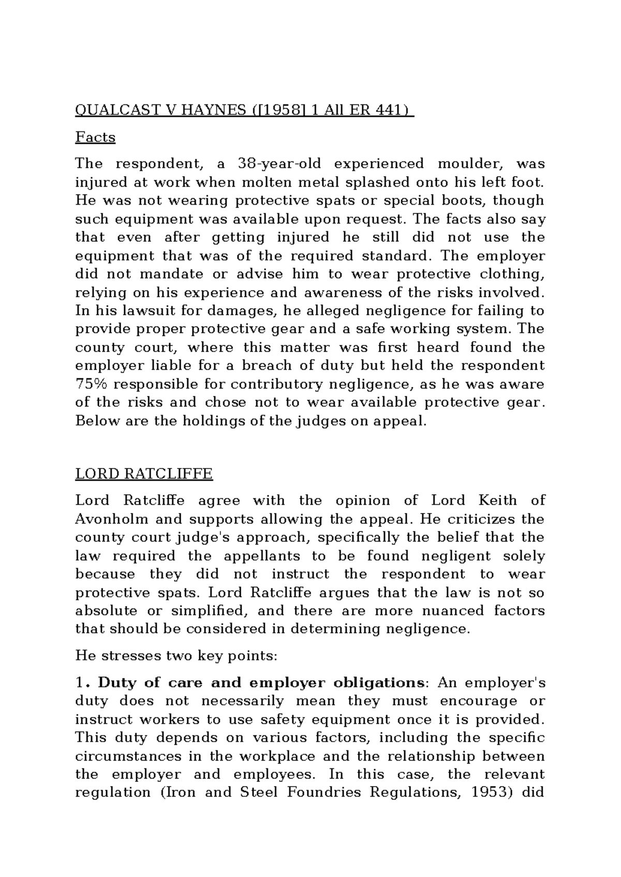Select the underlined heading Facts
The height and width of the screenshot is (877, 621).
click(95, 137)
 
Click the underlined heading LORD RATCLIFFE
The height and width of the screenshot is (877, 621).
click(144, 474)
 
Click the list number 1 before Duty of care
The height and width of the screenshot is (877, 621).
click(79, 683)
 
